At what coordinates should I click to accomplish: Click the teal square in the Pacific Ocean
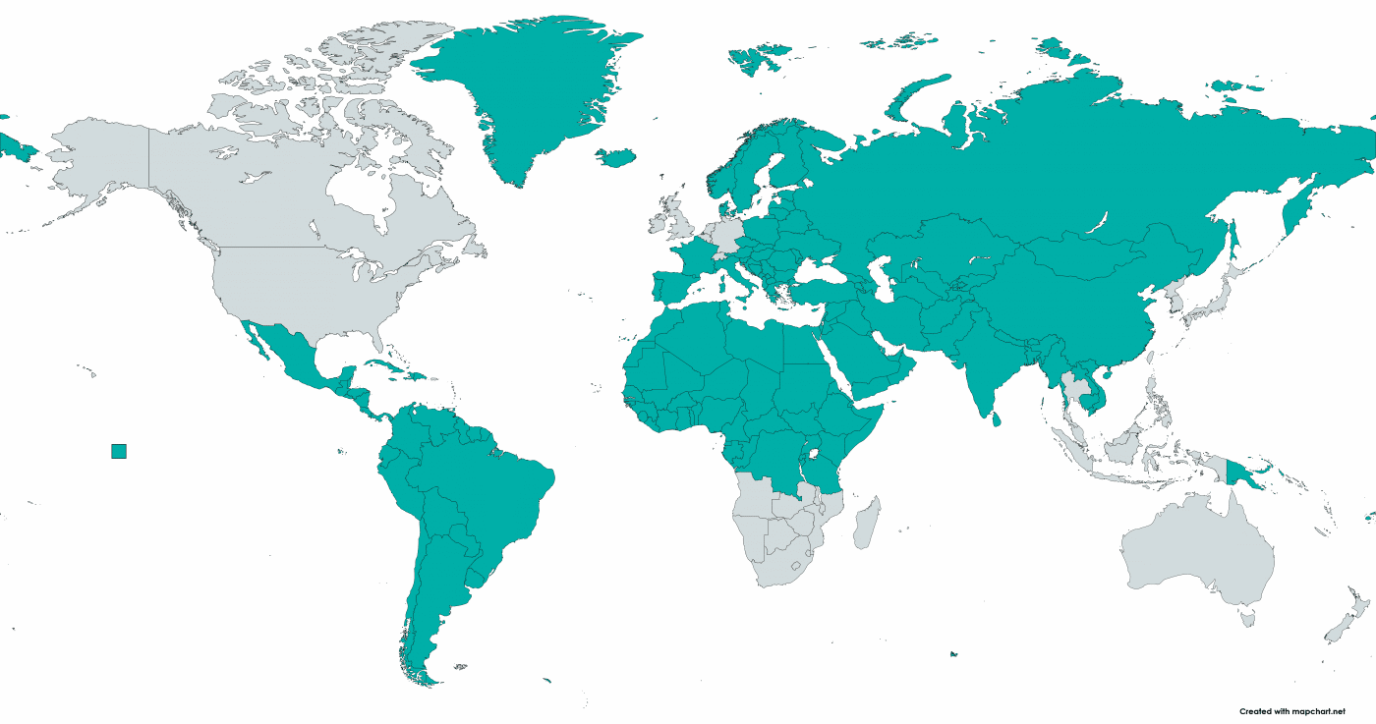(x=119, y=451)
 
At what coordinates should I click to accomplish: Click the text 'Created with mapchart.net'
(x=1291, y=711)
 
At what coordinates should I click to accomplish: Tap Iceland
(x=615, y=157)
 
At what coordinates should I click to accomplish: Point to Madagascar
(x=866, y=522)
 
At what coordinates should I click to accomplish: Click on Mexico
(x=290, y=354)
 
